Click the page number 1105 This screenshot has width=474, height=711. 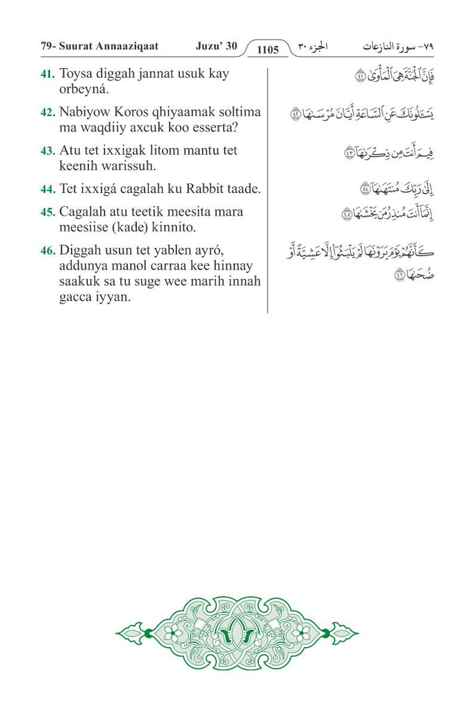click(267, 49)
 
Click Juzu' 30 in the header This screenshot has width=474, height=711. click(216, 47)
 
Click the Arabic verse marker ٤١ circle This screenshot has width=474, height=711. click(360, 77)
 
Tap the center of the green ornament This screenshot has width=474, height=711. click(237, 632)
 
